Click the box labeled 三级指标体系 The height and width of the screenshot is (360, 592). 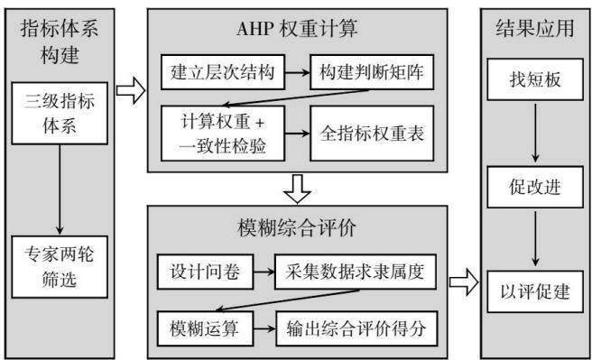(60, 113)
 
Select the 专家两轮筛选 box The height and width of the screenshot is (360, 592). (60, 267)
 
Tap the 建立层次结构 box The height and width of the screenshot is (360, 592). (223, 72)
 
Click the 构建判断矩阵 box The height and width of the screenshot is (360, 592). (372, 72)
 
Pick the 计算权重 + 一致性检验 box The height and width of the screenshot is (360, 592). (223, 134)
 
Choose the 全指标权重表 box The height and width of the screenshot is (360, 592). (372, 134)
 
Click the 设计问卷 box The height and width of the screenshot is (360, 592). (205, 272)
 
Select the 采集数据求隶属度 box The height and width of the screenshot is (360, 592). (356, 272)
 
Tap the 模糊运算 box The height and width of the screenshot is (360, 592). (205, 328)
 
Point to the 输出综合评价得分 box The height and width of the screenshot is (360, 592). (356, 328)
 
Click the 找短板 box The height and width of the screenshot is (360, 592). (535, 79)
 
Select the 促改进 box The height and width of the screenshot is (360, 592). (535, 187)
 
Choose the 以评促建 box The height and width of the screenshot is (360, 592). (535, 291)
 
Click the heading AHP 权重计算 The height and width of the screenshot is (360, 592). (297, 29)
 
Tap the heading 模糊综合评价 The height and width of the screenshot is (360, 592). (297, 228)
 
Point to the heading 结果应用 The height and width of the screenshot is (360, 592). (535, 28)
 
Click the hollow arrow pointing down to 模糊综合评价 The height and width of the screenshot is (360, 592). (298, 189)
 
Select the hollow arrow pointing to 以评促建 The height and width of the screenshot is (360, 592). (464, 282)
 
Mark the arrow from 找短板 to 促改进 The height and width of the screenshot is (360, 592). (535, 133)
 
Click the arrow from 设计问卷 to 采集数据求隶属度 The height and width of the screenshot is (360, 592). (264, 272)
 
